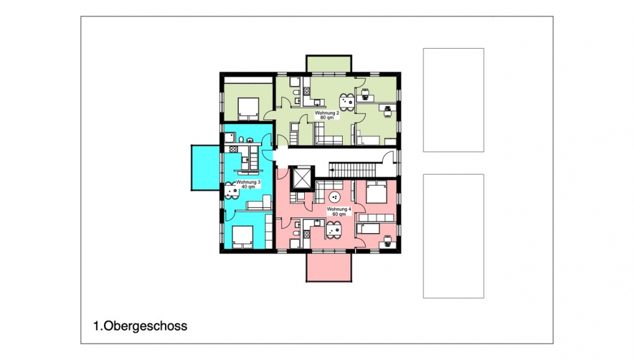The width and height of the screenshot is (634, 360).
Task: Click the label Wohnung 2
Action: pos(327,113)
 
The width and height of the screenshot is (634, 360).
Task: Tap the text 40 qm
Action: pos(248,186)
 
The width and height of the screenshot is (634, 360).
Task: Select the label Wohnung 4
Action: pos(339,209)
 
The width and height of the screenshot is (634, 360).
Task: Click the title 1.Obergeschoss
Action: pos(140,326)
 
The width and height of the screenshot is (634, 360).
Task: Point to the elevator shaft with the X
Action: pos(302,178)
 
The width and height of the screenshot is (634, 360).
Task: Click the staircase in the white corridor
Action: pos(355,169)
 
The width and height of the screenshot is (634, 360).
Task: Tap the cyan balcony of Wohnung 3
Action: pos(206,167)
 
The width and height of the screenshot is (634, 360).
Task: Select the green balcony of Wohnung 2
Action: pos(329,64)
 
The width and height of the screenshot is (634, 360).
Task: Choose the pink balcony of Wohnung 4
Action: pos(329,266)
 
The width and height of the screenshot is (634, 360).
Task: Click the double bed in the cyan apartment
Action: pos(243,236)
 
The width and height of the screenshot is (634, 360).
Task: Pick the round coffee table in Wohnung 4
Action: pos(335,198)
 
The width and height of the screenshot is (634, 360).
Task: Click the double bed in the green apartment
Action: pos(248,108)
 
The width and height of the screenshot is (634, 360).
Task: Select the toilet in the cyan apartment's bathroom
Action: pos(241,140)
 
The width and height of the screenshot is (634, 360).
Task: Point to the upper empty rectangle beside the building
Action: pos(453,100)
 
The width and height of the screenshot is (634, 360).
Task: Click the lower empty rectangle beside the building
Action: pos(453,236)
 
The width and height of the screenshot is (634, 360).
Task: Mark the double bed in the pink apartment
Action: pos(377,192)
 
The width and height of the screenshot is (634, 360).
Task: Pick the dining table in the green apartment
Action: pos(347,102)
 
